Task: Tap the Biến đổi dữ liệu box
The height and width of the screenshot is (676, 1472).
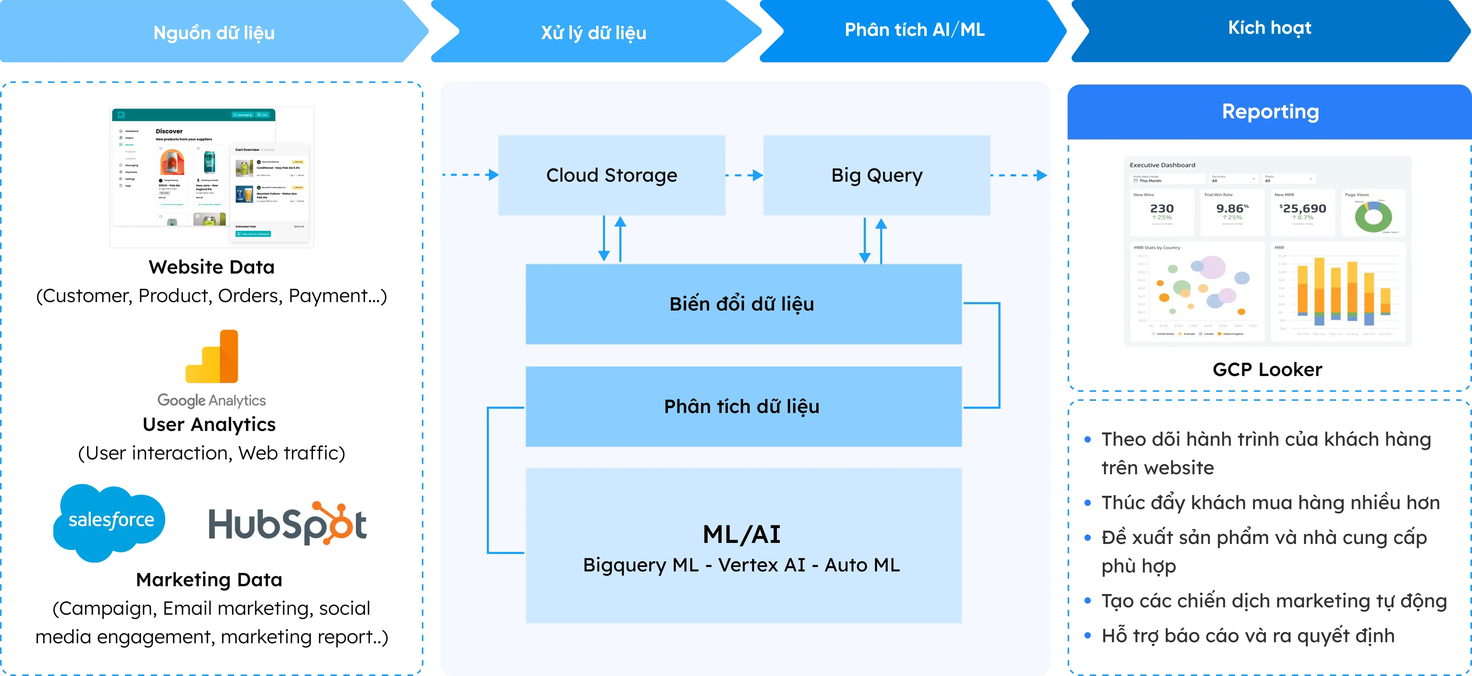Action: click(743, 304)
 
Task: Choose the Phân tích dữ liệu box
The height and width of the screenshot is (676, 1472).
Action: click(743, 406)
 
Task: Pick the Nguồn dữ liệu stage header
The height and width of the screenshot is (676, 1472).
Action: click(214, 32)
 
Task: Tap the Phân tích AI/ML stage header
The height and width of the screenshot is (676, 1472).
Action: click(914, 30)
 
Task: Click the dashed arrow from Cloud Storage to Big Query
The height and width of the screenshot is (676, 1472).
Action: click(744, 175)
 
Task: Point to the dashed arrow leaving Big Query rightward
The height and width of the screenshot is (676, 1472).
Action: click(1018, 175)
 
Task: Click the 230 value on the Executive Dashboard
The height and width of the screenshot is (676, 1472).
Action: click(1162, 209)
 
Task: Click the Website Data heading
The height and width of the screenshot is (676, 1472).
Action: click(211, 267)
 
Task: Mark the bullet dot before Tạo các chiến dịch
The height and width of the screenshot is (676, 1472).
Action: click(1087, 601)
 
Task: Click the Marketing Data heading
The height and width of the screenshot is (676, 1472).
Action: click(209, 579)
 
